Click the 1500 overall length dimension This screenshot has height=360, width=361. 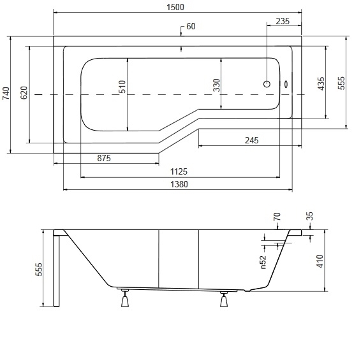[175, 7]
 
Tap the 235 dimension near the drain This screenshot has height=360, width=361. [283, 21]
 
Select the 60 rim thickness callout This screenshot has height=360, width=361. [191, 26]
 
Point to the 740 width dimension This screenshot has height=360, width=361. [6, 93]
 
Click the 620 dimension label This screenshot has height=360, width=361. [24, 92]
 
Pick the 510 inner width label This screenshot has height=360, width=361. [122, 87]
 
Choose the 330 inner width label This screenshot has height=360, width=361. [216, 85]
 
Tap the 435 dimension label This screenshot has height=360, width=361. [321, 83]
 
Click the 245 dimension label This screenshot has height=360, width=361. [252, 140]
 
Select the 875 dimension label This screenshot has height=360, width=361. [104, 158]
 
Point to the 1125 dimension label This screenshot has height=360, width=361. [179, 171]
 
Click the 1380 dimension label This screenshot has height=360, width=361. [179, 184]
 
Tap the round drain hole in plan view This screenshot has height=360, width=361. [267, 84]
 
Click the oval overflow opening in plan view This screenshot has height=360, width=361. [286, 84]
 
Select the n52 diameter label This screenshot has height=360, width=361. [263, 262]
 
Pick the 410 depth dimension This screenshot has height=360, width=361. [320, 261]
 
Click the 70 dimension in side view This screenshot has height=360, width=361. [277, 217]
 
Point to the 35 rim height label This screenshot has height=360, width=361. [310, 216]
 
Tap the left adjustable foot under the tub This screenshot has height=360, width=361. [125, 298]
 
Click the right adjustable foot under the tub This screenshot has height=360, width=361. [224, 299]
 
